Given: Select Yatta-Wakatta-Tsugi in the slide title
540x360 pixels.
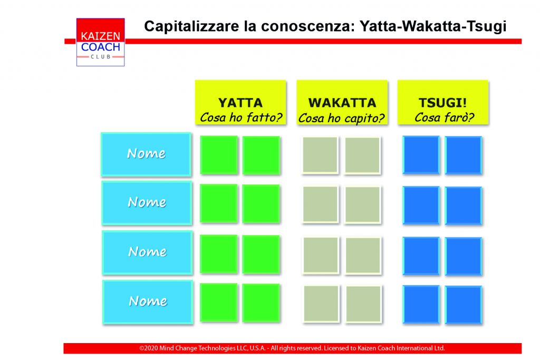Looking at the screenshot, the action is point(433,27).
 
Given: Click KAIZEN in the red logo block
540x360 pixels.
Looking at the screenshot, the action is point(101,36).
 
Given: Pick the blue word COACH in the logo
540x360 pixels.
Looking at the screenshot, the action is point(101,47).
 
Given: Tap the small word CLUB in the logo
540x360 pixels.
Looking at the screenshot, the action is point(101,57).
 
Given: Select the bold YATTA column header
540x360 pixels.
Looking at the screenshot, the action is point(240,103).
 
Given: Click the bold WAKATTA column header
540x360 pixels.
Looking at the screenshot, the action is point(342,103).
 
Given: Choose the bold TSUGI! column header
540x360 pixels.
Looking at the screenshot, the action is point(443,103).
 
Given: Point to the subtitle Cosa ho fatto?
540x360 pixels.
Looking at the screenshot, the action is point(240,118).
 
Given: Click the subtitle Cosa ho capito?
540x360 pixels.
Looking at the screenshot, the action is point(341,118).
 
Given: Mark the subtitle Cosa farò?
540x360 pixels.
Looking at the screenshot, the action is point(444,118).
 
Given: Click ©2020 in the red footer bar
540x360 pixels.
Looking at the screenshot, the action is point(148,348).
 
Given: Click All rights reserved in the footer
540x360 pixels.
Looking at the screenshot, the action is point(296,348).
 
